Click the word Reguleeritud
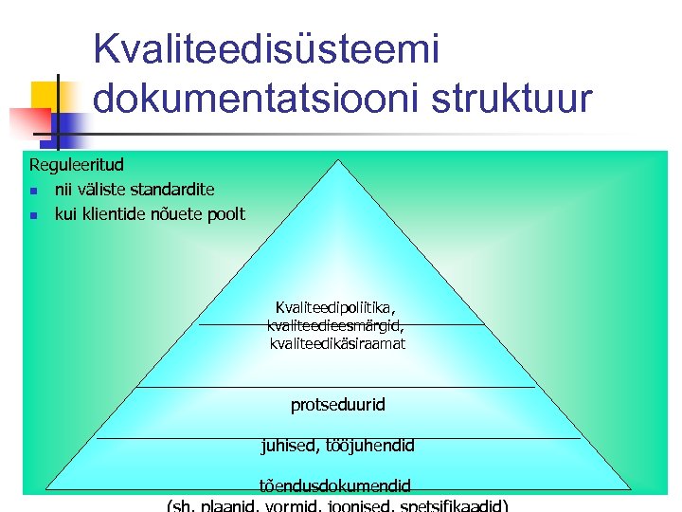coord(76,165)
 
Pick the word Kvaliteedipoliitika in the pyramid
coord(334,307)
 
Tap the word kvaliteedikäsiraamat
coord(338,343)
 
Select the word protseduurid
coord(338,405)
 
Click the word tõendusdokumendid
coord(335,485)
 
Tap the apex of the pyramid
coord(338,159)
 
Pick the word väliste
coord(99,190)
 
